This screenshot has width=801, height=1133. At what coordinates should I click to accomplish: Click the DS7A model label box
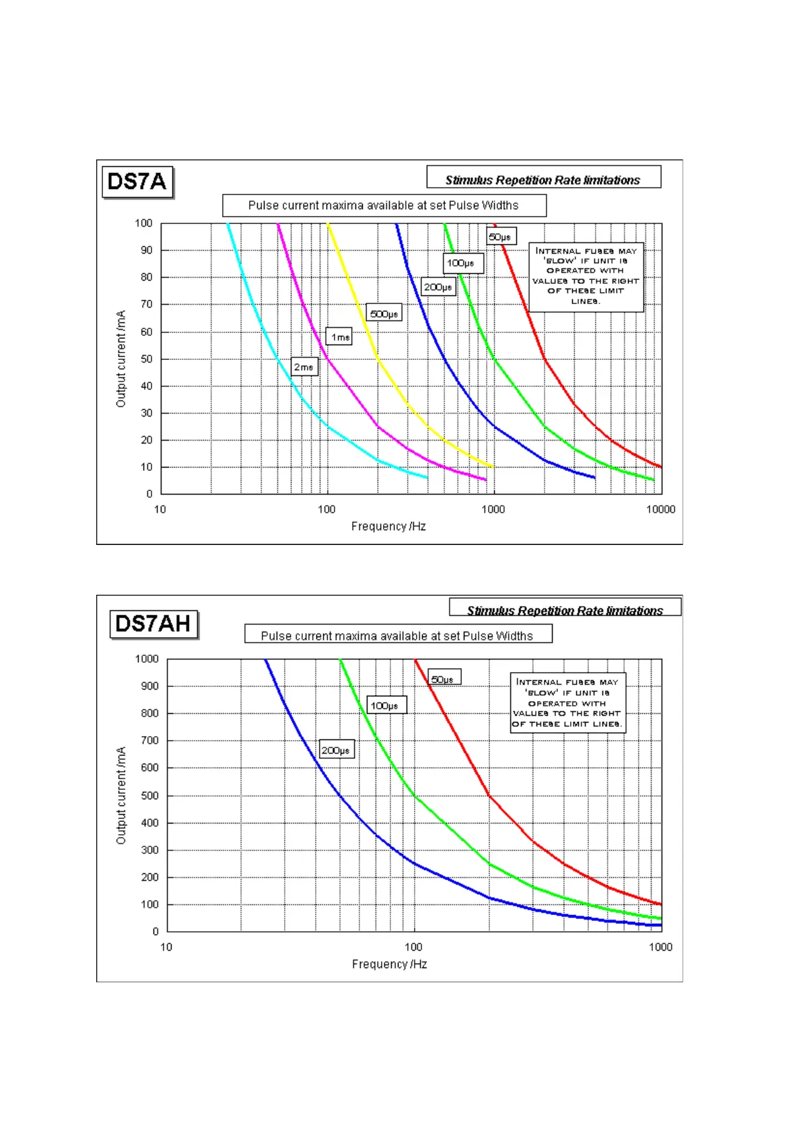click(x=137, y=182)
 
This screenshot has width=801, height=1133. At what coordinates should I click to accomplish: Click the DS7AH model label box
click(x=154, y=624)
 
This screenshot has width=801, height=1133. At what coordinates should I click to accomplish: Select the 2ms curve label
click(x=304, y=367)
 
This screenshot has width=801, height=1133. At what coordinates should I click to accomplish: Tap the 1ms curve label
click(x=340, y=336)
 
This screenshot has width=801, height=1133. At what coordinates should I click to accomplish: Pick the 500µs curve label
click(x=384, y=314)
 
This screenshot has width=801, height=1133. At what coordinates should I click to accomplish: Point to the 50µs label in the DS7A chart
click(x=500, y=237)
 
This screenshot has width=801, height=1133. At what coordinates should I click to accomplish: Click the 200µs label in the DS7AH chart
click(x=335, y=750)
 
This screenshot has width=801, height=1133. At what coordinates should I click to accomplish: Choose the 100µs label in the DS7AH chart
click(x=385, y=705)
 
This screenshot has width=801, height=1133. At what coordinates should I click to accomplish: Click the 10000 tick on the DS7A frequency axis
click(x=660, y=509)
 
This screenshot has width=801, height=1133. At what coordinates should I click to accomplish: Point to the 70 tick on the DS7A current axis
click(x=146, y=304)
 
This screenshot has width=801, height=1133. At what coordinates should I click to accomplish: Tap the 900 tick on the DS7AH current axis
click(x=149, y=686)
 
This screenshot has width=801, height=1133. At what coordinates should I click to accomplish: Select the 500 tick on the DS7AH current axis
click(x=149, y=795)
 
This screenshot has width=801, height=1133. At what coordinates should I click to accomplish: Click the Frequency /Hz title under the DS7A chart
click(x=388, y=526)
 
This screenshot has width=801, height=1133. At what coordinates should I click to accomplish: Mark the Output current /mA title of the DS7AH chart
click(x=121, y=795)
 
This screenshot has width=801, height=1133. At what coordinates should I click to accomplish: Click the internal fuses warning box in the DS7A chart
click(x=586, y=277)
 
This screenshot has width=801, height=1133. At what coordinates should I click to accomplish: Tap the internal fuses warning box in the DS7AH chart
click(x=567, y=702)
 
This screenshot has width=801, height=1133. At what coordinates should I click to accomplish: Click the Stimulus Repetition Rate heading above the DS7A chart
click(x=543, y=180)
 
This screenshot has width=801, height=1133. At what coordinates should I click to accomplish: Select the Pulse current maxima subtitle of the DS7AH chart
click(x=397, y=636)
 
